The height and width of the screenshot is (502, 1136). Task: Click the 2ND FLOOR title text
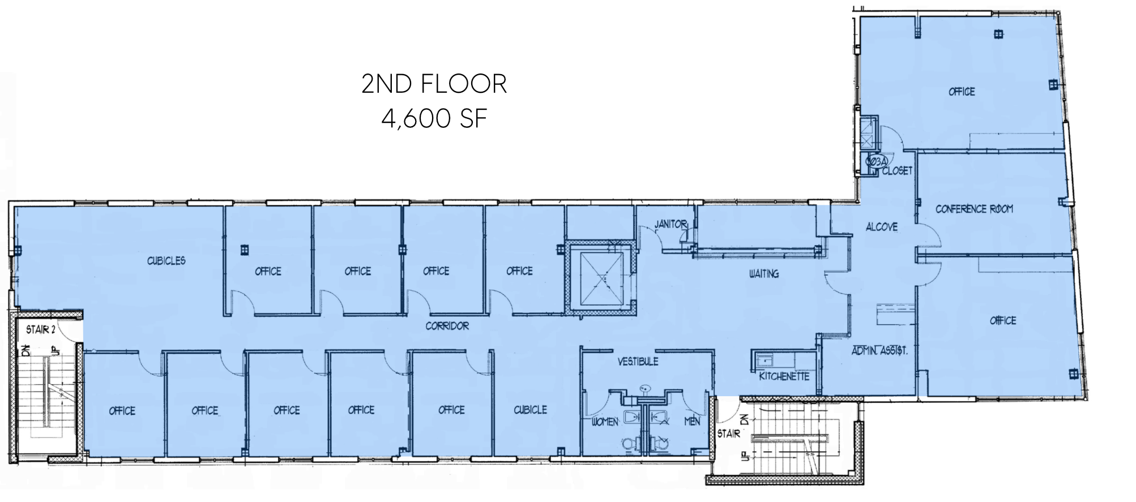(434, 84)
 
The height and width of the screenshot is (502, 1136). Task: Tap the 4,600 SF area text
(434, 119)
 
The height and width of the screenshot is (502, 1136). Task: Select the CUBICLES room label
(166, 261)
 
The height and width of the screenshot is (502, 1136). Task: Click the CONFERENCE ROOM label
(974, 209)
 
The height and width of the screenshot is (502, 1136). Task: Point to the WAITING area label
(764, 274)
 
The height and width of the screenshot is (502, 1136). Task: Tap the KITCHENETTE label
(784, 376)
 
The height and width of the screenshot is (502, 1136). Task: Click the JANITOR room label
(671, 224)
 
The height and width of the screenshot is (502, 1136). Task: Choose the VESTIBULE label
(638, 361)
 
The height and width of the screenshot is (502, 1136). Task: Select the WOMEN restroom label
(605, 422)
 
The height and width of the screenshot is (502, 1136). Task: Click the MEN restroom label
(692, 422)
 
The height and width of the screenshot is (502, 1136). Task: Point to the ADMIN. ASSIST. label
(879, 351)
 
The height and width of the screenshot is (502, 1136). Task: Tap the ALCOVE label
(882, 227)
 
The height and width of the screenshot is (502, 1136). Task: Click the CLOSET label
(897, 170)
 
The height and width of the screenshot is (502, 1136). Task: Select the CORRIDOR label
(447, 326)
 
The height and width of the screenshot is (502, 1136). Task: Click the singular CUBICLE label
(530, 409)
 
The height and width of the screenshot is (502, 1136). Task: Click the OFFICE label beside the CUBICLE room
(451, 410)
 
